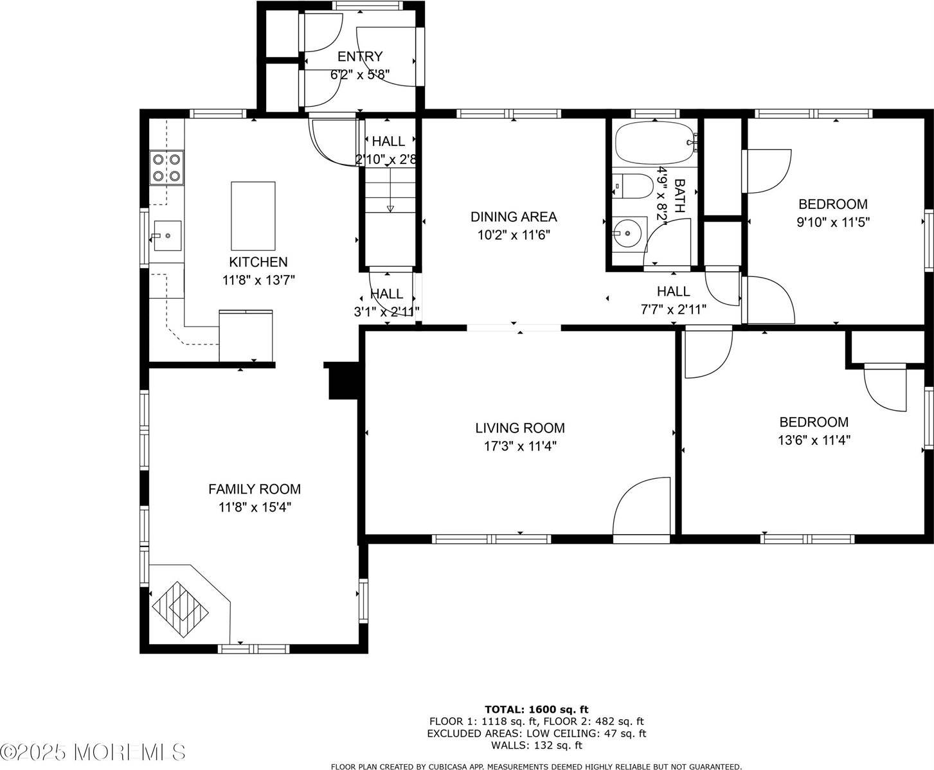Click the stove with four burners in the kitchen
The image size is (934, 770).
coord(166,167)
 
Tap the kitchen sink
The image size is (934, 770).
coord(166,235)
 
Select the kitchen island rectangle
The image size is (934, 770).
coord(253,216)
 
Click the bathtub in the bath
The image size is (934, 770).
coord(654,143)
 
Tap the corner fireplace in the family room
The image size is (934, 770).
coord(182,602)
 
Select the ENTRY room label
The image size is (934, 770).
coord(360,57)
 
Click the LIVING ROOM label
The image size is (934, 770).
coord(520,428)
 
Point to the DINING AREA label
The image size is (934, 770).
coord(514,217)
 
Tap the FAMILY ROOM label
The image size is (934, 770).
coord(255,489)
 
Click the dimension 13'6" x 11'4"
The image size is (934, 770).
coord(814,440)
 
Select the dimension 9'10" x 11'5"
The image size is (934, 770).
coord(832,222)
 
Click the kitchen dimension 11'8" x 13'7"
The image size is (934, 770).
coord(258,280)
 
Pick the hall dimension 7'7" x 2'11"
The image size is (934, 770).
coord(673,309)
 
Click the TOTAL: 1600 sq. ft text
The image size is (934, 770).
coord(536,710)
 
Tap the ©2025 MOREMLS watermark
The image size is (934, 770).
coord(93,751)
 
